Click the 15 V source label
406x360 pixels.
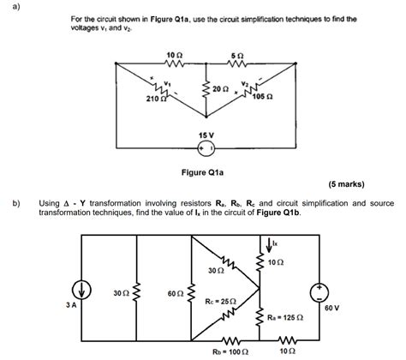206,135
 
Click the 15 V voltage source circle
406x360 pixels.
206,149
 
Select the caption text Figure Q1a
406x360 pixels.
203,172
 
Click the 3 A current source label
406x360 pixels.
60,303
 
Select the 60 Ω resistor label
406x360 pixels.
175,293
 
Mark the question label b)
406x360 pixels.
16,204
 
